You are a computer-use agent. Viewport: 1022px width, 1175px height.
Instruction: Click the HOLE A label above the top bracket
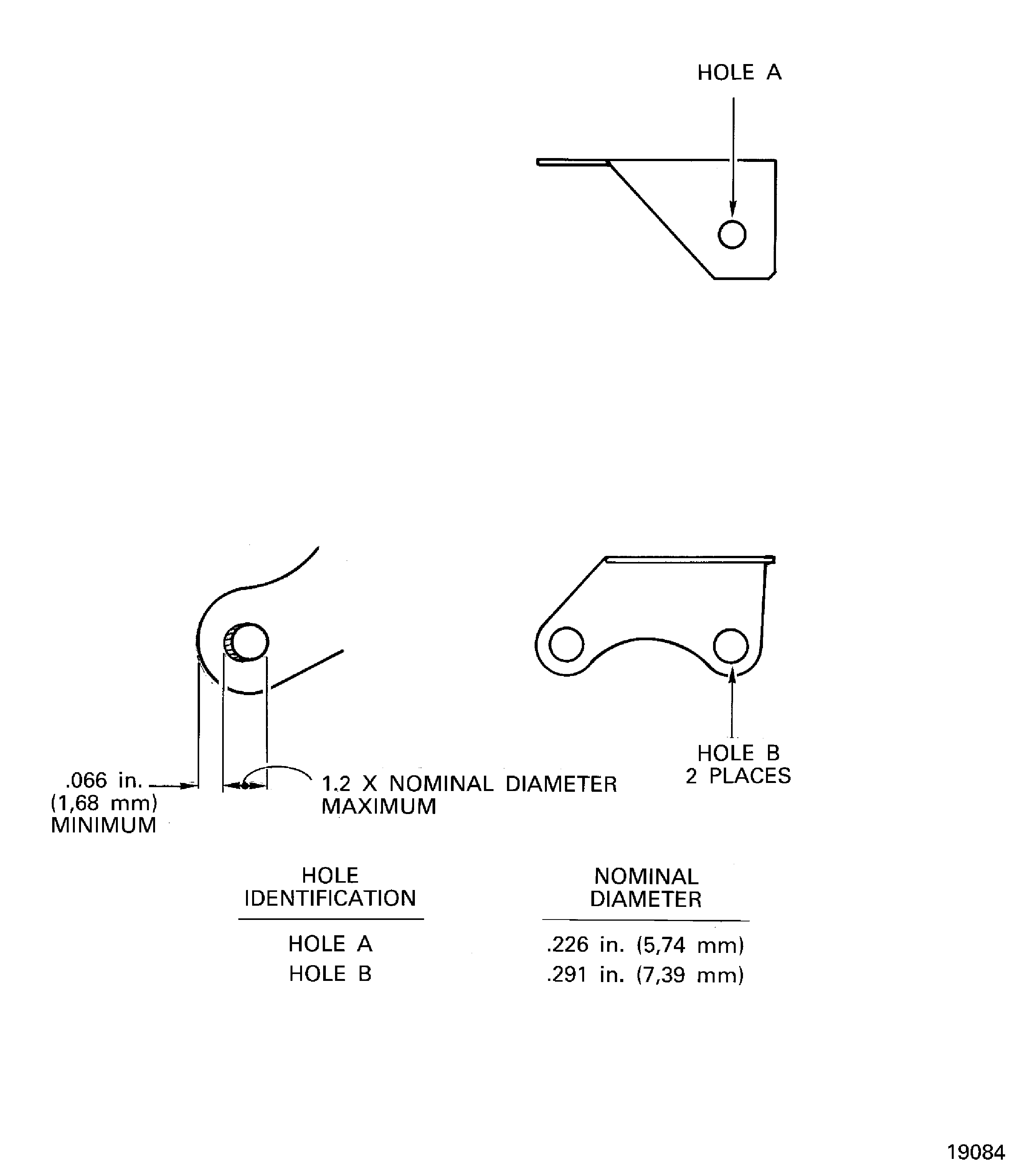point(739,73)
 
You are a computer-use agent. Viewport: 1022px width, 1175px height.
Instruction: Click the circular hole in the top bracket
point(732,234)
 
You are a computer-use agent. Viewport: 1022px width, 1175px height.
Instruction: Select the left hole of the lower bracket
point(566,644)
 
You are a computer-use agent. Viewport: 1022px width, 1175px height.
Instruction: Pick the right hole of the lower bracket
point(731,645)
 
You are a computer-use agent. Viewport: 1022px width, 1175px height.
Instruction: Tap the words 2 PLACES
point(738,776)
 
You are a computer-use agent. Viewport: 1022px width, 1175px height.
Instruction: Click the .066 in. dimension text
point(104,780)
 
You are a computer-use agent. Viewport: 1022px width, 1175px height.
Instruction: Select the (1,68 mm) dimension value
point(104,803)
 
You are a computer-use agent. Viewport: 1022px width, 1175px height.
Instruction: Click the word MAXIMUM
point(379,806)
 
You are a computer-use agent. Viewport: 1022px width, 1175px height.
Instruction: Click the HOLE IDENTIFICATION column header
point(330,887)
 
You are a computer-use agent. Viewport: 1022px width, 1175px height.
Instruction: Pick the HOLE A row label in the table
point(330,944)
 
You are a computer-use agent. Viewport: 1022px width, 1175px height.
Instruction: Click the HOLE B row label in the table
point(330,974)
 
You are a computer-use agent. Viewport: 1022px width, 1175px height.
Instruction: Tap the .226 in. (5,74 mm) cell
point(645,945)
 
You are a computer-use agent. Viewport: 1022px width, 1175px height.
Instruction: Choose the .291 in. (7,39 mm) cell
point(645,975)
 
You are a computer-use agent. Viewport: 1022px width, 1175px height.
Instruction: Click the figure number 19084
point(976,1152)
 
